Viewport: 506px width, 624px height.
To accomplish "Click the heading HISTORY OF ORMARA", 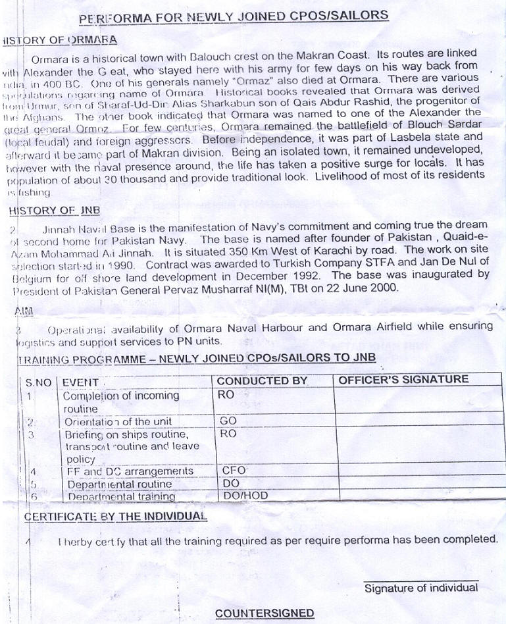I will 60,40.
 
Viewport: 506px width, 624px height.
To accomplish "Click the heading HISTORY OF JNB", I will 54,211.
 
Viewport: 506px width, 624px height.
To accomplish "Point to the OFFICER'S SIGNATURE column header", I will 403,380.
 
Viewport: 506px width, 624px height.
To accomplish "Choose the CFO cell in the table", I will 234,471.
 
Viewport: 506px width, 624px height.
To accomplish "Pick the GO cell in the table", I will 229,421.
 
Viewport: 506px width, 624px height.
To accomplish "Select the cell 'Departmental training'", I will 121,496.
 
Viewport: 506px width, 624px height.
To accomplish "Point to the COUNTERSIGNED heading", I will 265,613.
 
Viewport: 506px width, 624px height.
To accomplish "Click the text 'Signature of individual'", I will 421,588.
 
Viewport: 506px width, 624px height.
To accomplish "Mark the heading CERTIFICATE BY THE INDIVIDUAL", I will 115,517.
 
